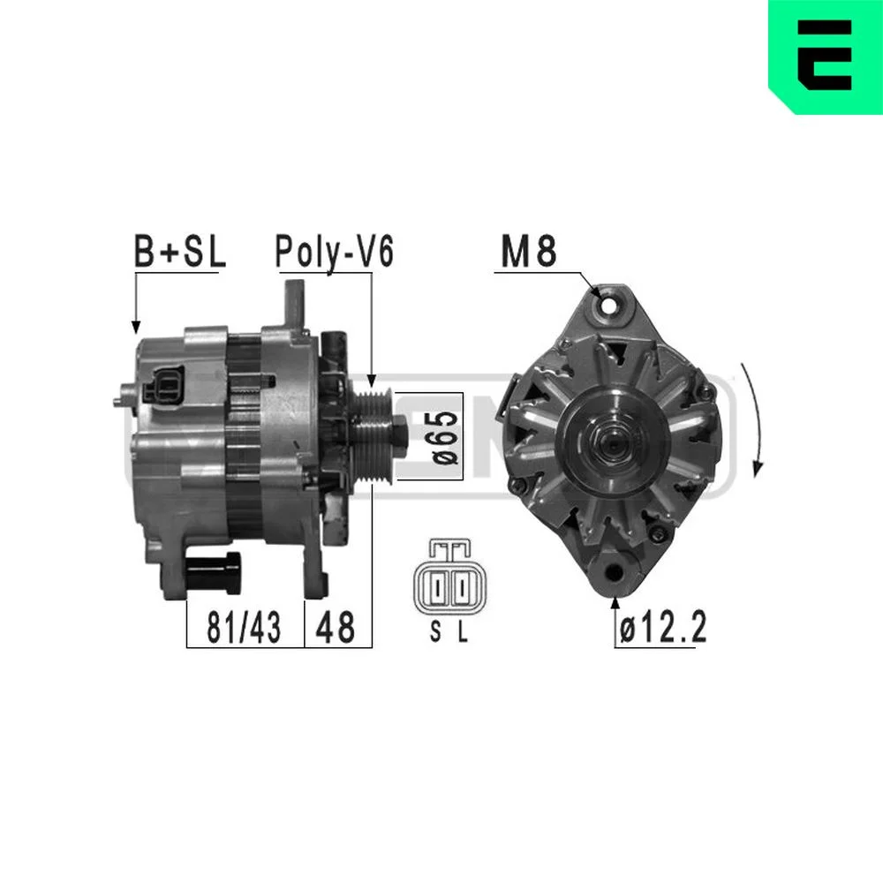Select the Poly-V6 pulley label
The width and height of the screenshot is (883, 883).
point(334,252)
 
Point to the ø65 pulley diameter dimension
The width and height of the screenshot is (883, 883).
point(445,436)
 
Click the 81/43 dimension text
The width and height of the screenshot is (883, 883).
point(244,627)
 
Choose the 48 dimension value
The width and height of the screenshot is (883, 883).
point(336,627)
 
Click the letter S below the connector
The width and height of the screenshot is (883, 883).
point(435,632)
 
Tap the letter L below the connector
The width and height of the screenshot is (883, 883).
point(463,632)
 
